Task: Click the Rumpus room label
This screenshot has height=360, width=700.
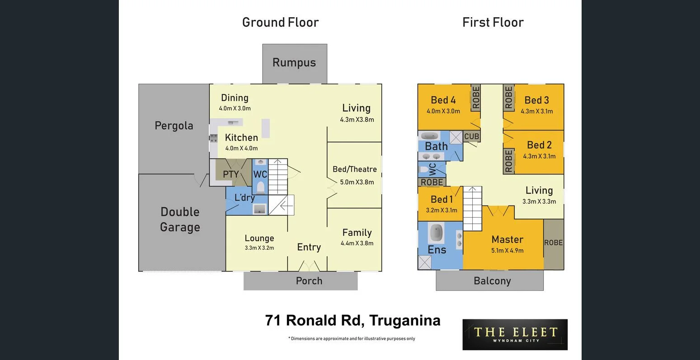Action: pos(294,63)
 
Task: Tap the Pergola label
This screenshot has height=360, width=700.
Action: pos(174,126)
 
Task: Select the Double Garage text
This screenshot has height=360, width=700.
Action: pos(180,220)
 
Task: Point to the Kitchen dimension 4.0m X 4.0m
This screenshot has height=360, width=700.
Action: pos(241,148)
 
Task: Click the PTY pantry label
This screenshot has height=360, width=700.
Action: pos(230,174)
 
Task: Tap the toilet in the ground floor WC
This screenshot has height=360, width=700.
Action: pos(260,187)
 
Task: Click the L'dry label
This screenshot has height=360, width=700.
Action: pos(244,198)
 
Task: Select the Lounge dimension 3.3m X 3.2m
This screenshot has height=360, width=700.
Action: pos(259,248)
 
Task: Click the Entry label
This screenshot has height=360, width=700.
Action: pos(309,247)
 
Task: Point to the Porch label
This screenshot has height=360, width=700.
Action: pos(309,281)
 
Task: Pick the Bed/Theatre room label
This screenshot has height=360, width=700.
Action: pos(354,169)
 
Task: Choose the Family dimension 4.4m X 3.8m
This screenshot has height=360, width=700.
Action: pos(357,243)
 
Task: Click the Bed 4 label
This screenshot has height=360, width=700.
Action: pos(443,100)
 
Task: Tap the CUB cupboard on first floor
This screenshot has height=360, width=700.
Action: pos(471,136)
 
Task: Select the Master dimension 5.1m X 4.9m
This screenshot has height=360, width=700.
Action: pos(507,250)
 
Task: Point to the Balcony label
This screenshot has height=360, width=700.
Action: pos(492,281)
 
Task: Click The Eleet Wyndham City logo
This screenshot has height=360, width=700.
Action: pos(515,334)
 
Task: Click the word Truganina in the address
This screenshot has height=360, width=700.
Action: pos(404,320)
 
